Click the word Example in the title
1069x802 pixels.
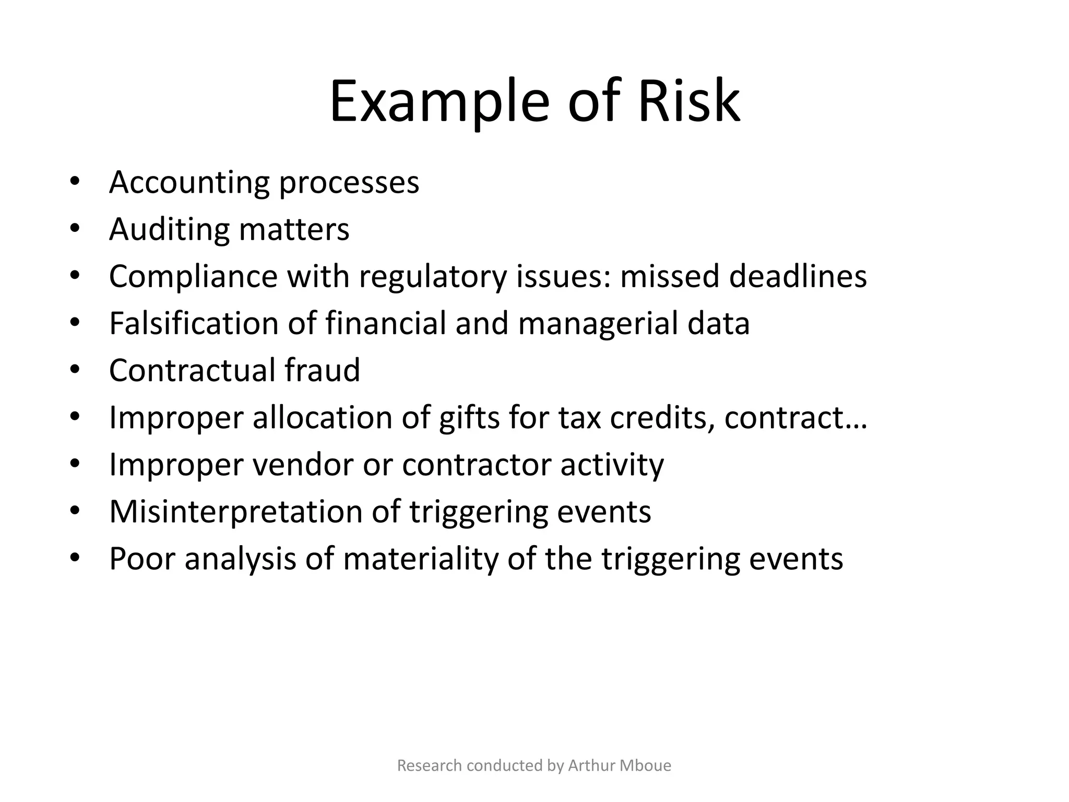click(x=440, y=101)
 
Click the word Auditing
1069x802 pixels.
click(x=169, y=230)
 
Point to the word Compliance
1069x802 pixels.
click(x=193, y=277)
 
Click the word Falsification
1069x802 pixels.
click(x=194, y=323)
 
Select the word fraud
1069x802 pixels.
click(x=322, y=370)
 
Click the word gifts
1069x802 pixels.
click(x=469, y=418)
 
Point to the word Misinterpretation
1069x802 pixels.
click(x=235, y=512)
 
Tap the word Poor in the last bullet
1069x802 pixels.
click(x=142, y=559)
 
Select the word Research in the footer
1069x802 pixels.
click(x=429, y=765)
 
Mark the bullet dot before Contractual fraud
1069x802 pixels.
click(x=75, y=370)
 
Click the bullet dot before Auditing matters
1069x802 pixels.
click(x=75, y=229)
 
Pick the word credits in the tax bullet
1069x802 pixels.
click(x=662, y=418)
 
